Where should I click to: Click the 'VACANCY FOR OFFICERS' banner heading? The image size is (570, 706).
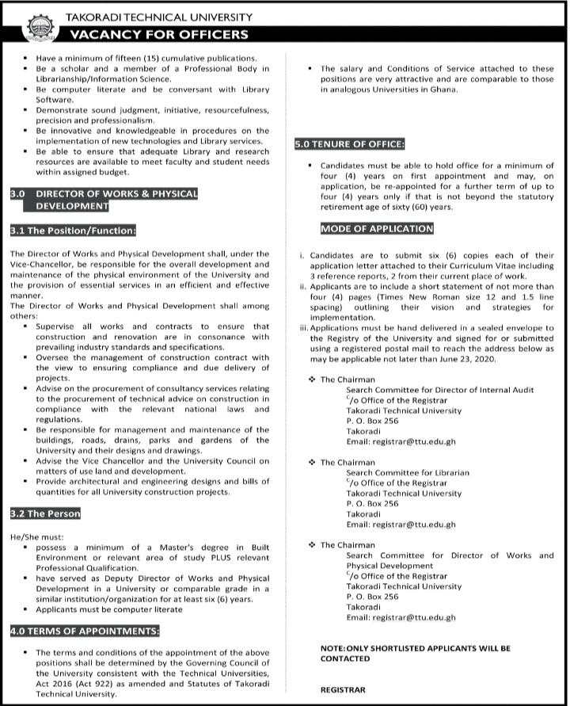coord(159,34)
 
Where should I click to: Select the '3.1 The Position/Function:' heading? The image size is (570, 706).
coord(74,231)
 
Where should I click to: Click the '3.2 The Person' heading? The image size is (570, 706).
coord(45,513)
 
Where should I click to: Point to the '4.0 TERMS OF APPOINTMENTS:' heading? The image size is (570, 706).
coord(85,631)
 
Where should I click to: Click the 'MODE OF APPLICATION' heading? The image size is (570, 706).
coord(377,229)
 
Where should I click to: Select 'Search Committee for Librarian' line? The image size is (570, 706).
coord(408,472)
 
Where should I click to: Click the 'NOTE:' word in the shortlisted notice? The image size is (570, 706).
coord(333,647)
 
